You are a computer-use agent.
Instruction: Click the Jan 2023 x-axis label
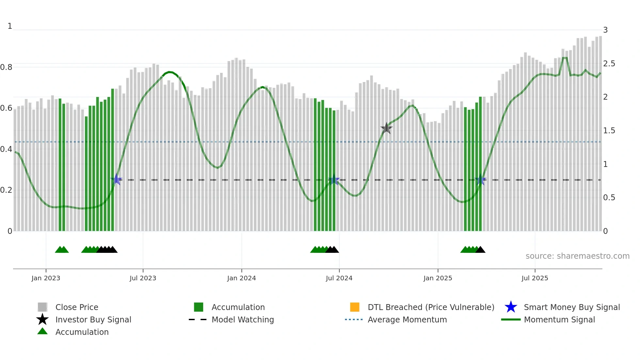click(x=46, y=278)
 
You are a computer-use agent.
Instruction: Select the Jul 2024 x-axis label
click(x=339, y=278)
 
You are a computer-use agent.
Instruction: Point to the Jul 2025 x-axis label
click(x=535, y=278)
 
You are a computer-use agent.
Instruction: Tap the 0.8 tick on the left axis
click(x=6, y=67)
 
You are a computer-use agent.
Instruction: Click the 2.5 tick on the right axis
click(x=609, y=64)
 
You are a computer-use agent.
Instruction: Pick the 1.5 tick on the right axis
click(x=609, y=131)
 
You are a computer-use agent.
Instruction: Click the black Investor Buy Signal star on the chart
click(x=386, y=128)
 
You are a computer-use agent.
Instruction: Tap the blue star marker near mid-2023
click(x=116, y=180)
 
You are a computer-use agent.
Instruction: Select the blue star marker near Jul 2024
click(x=334, y=180)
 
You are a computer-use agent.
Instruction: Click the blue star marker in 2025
click(x=480, y=180)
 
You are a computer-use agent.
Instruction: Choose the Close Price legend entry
click(x=77, y=307)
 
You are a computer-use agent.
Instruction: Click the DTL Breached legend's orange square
click(x=355, y=307)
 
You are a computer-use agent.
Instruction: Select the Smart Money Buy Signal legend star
click(x=511, y=307)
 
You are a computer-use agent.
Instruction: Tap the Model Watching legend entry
click(x=242, y=319)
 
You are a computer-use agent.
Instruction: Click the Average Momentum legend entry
click(x=407, y=319)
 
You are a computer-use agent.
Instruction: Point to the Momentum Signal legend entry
click(x=559, y=319)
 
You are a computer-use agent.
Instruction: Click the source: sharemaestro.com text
click(x=577, y=256)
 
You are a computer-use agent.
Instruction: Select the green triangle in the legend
click(x=42, y=331)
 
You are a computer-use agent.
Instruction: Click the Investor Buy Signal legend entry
click(x=93, y=319)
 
